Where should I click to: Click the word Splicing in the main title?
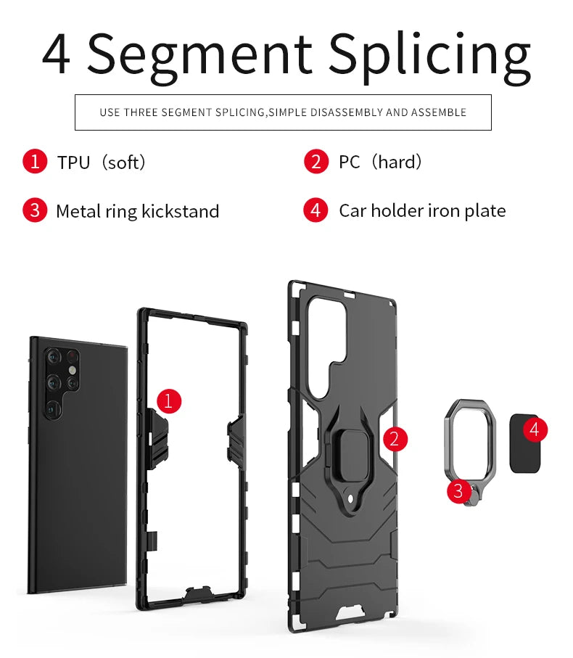[x=429, y=57]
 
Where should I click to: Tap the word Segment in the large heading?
[x=199, y=54]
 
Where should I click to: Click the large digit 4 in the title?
[x=56, y=54]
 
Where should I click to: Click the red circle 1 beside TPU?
[x=35, y=162]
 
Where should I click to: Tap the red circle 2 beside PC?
[x=316, y=162]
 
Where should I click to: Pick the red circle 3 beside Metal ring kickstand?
[x=35, y=210]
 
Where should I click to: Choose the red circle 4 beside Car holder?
[x=316, y=210]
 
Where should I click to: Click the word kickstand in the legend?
[x=181, y=211]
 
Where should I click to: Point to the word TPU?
[x=74, y=163]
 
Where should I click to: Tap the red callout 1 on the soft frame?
[x=169, y=400]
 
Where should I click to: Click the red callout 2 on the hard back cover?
[x=395, y=440]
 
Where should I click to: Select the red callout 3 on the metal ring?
[x=459, y=490]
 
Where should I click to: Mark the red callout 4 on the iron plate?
[x=535, y=429]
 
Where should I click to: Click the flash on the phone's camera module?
[x=72, y=370]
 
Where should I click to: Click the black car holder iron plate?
[x=524, y=444]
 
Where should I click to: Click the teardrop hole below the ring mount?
[x=350, y=498]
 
